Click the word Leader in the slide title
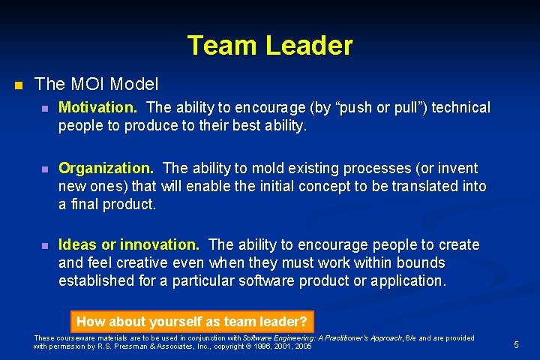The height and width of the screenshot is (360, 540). click(x=309, y=46)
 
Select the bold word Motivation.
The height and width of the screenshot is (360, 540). click(x=97, y=108)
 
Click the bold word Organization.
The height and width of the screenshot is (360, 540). click(x=106, y=168)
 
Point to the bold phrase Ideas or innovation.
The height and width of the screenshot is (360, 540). click(x=129, y=244)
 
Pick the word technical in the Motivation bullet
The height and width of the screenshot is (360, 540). click(x=458, y=108)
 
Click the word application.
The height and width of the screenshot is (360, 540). click(x=407, y=280)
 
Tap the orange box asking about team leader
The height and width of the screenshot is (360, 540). click(x=192, y=322)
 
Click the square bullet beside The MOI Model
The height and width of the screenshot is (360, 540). click(x=19, y=84)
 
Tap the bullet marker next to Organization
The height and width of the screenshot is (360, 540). click(x=45, y=169)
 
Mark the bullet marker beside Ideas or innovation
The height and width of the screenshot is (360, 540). click(x=45, y=245)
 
